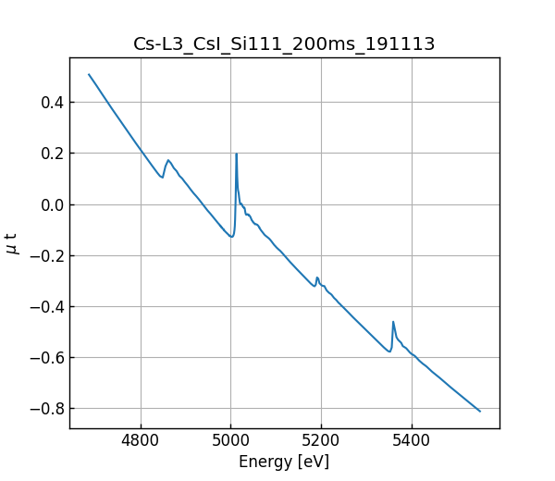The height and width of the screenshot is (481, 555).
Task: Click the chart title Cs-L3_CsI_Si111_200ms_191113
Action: pos(284,44)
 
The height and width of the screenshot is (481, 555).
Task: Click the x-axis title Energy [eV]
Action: pos(284,462)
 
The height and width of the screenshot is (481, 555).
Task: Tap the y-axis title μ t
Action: pos(12,243)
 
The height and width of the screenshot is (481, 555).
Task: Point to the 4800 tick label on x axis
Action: pos(141,442)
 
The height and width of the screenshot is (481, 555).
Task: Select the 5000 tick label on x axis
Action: pos(231,442)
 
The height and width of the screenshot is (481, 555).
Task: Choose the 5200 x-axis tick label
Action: pos(321,442)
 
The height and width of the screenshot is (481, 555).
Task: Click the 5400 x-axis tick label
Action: pos(412,442)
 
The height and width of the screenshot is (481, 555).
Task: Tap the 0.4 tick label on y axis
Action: pos(51,103)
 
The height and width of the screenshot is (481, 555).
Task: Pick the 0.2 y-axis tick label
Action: pos(51,154)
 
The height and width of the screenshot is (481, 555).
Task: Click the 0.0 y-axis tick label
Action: pos(51,204)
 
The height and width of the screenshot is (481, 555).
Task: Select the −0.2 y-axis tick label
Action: pos(46,256)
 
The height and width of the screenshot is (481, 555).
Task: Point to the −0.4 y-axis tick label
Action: pos(46,307)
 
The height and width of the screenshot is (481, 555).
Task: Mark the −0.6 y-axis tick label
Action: pos(46,358)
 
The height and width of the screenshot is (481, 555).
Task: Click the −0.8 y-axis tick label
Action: pos(46,409)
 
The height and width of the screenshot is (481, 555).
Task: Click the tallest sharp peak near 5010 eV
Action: pos(237,154)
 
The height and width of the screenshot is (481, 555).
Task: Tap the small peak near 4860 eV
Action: pos(168,160)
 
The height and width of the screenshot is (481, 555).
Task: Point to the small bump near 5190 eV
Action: pos(317,277)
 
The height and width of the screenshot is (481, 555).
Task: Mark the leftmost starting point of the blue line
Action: pos(89,75)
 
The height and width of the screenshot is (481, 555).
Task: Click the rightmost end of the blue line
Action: pos(480,411)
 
